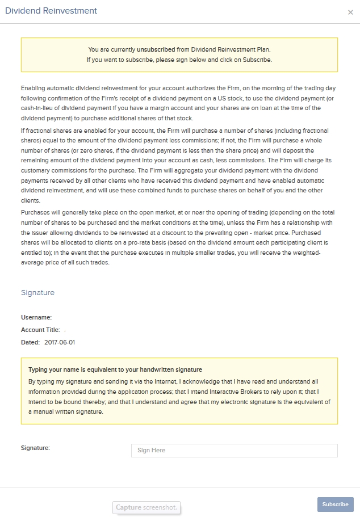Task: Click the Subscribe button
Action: [335, 504]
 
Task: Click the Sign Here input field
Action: [234, 450]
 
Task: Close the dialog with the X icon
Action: [350, 12]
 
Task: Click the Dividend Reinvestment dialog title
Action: [51, 11]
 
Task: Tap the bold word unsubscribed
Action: [156, 49]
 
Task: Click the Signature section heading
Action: [37, 293]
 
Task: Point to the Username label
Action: [36, 317]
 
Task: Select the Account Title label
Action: [40, 330]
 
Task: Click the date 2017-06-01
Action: [59, 342]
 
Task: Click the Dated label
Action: [30, 342]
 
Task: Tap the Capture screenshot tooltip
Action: [146, 507]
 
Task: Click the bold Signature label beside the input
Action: [35, 448]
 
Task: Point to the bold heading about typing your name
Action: [115, 370]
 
